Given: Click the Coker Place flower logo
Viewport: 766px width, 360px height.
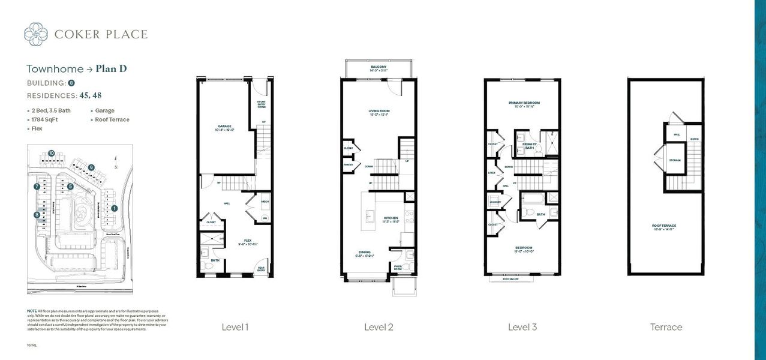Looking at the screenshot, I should click(36, 34).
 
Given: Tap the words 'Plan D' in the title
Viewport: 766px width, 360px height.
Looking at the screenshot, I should click(111, 68).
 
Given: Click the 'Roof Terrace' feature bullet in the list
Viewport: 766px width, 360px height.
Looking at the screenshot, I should click(112, 119).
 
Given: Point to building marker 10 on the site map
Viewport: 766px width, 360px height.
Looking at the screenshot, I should click(52, 154).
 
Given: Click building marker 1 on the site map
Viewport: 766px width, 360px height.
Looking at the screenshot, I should click(115, 208).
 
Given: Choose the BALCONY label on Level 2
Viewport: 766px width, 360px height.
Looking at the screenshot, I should click(379, 67).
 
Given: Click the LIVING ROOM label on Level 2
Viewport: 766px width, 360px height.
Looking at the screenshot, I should click(379, 111).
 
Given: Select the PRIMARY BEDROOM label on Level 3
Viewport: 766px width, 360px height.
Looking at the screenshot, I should click(524, 103).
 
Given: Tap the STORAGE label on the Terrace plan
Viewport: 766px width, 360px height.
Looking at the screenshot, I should click(675, 160).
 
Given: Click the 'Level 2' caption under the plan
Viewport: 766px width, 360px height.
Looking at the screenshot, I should click(379, 327).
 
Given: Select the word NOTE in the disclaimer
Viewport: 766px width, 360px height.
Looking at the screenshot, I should click(31, 311).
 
